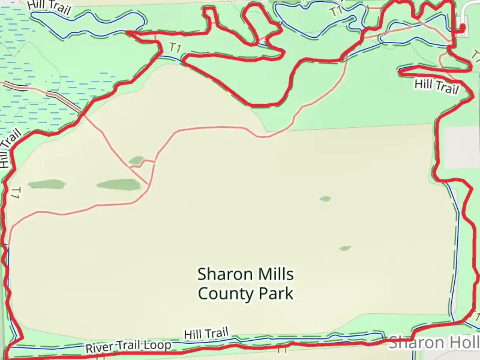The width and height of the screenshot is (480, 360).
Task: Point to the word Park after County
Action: (x=276, y=294)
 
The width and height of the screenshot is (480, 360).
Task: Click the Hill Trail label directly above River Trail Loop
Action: (x=206, y=333)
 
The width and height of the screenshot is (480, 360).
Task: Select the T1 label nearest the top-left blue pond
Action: (x=175, y=48)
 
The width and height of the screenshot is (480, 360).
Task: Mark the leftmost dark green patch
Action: (x=46, y=184)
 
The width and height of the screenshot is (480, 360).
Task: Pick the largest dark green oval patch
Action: (x=119, y=184)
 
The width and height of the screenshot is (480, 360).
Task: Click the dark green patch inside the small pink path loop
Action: (x=137, y=161)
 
